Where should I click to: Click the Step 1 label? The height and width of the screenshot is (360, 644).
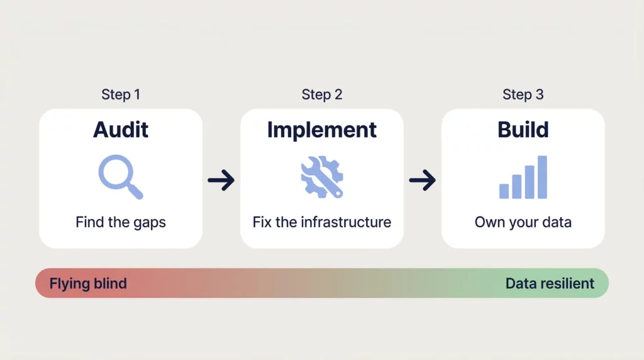[x=121, y=94]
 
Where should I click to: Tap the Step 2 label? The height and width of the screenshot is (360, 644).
[x=322, y=94]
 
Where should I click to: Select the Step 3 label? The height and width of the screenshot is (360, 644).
[x=523, y=94]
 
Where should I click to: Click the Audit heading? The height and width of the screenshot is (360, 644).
[x=121, y=130]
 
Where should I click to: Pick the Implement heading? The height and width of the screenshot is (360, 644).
[x=322, y=130]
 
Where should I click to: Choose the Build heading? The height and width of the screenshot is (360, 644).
[x=523, y=130]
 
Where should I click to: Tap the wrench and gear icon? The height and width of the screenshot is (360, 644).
[x=321, y=177]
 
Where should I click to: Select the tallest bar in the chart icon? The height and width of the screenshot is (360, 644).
[x=542, y=177]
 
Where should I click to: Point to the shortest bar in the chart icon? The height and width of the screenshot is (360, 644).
[x=504, y=191]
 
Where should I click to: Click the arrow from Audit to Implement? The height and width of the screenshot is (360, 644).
[x=221, y=181]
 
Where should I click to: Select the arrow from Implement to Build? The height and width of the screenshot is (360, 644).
[x=423, y=181]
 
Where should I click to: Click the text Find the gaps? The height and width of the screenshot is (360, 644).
[x=121, y=222]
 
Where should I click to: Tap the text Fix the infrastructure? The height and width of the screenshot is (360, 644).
[x=322, y=222]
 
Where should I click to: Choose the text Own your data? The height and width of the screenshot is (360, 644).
[x=523, y=222]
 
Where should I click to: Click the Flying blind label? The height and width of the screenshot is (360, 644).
[x=88, y=283]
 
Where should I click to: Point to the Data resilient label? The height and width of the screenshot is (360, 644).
[x=550, y=283]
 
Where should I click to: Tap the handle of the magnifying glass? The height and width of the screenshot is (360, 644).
[x=135, y=191]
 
